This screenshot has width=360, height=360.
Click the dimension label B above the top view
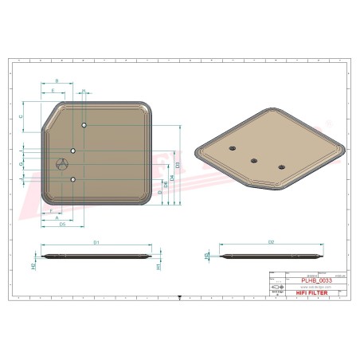point(57,81)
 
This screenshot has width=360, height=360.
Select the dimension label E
point(53,91)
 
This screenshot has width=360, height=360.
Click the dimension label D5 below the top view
point(61,225)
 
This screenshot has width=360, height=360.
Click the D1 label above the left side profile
point(96,241)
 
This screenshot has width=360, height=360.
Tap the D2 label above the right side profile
point(271,241)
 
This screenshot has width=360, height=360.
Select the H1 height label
point(158,266)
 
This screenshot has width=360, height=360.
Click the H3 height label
point(208,256)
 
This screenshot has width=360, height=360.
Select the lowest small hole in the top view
point(72,180)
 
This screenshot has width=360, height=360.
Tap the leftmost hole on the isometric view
point(231,148)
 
